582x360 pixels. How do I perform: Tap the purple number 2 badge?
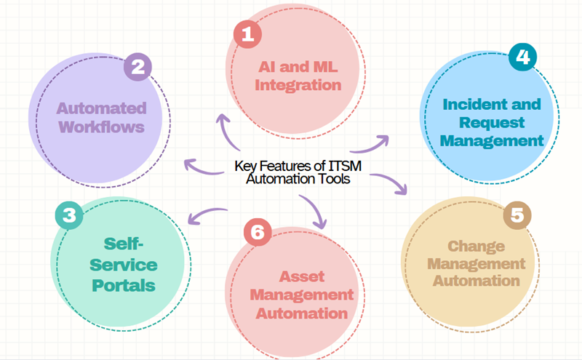point(137,68)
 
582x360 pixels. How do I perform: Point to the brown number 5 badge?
point(517,217)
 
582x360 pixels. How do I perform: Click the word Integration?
point(300,85)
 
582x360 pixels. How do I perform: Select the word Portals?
point(124,284)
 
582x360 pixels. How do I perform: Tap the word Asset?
point(299,277)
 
